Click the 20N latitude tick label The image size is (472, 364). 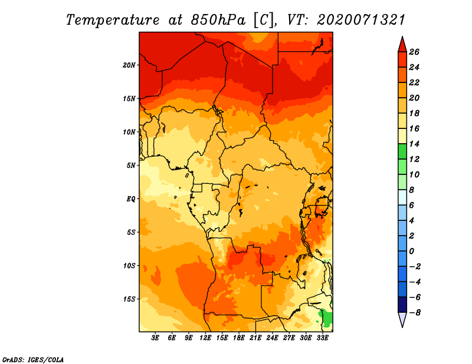(x=129, y=65)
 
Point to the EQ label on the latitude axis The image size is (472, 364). (x=131, y=199)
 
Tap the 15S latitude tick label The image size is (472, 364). (x=129, y=299)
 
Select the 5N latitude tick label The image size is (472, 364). (x=131, y=166)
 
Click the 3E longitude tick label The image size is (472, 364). (x=155, y=338)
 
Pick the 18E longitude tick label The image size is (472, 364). (x=238, y=338)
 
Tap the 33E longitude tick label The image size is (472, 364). (x=322, y=338)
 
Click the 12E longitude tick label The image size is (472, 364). (x=205, y=338)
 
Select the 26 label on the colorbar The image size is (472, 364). (x=414, y=52)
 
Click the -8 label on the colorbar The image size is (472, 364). (x=415, y=313)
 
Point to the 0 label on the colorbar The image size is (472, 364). (x=411, y=252)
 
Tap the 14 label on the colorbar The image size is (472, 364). (x=414, y=144)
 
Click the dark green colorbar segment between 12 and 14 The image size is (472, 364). (x=402, y=151)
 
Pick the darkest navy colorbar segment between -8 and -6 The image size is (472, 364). (x=402, y=305)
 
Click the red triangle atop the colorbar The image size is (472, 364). (x=402, y=45)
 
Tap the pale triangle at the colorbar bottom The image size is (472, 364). (x=402, y=319)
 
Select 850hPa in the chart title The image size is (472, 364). (x=218, y=20)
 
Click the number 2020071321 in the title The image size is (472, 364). (x=361, y=20)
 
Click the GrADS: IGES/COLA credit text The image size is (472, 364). (x=33, y=359)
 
